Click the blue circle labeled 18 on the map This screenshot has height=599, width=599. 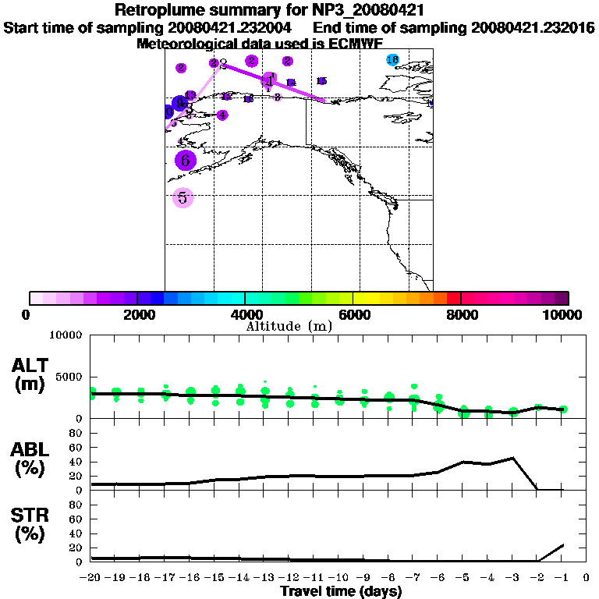click(x=392, y=60)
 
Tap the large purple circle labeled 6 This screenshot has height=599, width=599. click(x=185, y=161)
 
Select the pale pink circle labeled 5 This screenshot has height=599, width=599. click(x=183, y=198)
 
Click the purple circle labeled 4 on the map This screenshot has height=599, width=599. click(x=222, y=115)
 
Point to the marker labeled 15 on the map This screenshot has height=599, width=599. click(x=321, y=81)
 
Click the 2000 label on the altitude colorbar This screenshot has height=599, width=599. click(x=136, y=314)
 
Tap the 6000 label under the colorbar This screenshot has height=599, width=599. click(x=353, y=314)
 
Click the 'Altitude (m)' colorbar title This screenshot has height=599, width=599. click(x=289, y=326)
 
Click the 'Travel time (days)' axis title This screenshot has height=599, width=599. click(x=341, y=592)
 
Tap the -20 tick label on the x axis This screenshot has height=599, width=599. click(x=91, y=578)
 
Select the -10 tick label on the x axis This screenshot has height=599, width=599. click(x=339, y=578)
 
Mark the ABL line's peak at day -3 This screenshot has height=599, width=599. click(x=512, y=458)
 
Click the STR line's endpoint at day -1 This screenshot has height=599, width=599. click(x=562, y=544)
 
